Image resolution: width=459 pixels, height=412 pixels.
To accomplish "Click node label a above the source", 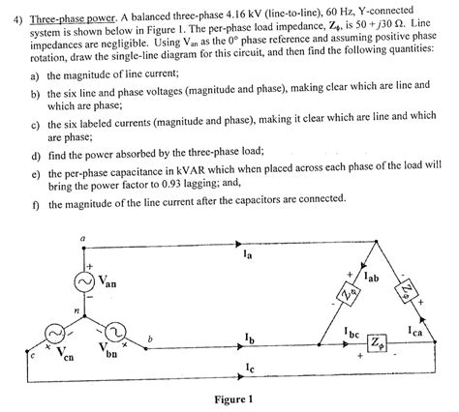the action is (x=81, y=238).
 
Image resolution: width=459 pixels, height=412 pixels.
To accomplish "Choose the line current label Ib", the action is (x=250, y=340).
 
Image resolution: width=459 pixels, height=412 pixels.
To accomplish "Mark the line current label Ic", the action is (x=250, y=368).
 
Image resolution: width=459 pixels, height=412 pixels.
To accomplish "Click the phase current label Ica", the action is (x=426, y=333).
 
